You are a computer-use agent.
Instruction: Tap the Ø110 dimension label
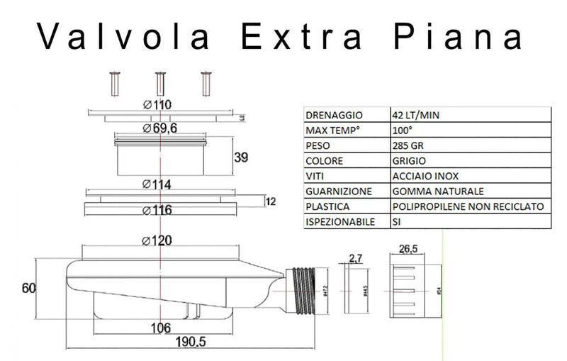(158, 105)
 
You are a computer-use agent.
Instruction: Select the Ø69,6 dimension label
(161, 128)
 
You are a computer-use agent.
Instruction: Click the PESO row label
(317, 145)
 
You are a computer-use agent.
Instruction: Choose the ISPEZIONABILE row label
(339, 222)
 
